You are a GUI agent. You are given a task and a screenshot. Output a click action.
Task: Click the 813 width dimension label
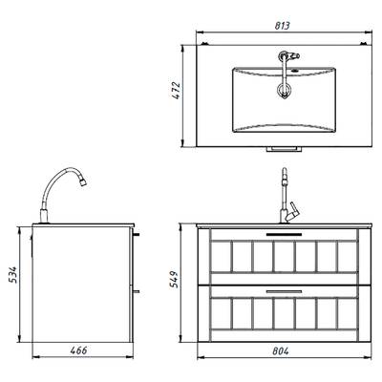pyautogui.click(x=283, y=26)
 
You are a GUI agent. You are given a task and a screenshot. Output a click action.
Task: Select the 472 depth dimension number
pyautogui.click(x=177, y=91)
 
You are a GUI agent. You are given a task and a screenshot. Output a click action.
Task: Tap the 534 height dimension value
pyautogui.click(x=13, y=275)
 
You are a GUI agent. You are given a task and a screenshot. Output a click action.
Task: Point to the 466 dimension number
pyautogui.click(x=78, y=350)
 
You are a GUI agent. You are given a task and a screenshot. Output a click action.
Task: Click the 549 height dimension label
pyautogui.click(x=174, y=279)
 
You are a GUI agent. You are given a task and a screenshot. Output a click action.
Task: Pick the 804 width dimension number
pyautogui.click(x=281, y=351)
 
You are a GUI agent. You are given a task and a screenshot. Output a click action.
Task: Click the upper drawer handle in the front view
pyautogui.click(x=284, y=234)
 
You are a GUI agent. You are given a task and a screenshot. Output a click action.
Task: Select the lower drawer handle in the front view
pyautogui.click(x=284, y=291)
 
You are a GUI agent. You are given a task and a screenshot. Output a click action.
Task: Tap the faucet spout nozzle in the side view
pyautogui.click(x=83, y=182)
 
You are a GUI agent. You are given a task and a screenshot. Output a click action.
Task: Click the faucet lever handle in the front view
pyautogui.click(x=293, y=213)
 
